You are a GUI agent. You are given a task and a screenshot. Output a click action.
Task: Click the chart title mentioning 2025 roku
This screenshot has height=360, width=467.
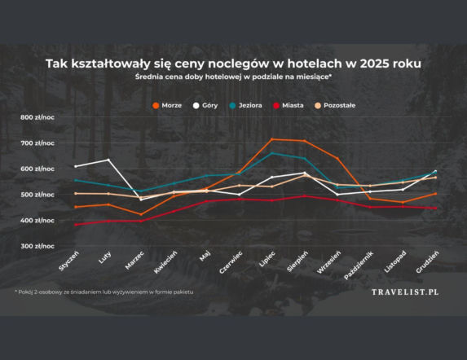coord(234,62)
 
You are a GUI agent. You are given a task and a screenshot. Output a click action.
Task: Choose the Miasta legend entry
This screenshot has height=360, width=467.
coord(291,105)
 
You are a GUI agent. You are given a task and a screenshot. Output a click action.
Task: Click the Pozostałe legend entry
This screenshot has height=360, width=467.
coord(337,105)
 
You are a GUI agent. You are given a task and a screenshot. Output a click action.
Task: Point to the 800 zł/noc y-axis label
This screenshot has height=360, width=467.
coord(38,118)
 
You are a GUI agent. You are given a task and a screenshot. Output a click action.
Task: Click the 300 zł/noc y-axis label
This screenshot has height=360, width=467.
coord(38,246)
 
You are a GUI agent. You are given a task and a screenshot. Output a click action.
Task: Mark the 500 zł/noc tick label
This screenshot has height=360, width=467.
coord(38,195)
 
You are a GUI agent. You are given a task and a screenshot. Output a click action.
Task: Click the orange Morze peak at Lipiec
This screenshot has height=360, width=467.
coord(271,139)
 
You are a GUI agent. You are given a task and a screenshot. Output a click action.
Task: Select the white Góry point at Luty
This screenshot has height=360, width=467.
coord(108,160)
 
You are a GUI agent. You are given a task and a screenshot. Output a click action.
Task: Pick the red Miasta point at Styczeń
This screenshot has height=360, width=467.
coord(75,225)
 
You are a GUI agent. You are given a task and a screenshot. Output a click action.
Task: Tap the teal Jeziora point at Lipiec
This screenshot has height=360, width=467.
coord(271,153)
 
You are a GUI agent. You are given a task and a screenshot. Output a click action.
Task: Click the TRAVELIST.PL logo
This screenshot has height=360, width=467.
coord(404,291)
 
